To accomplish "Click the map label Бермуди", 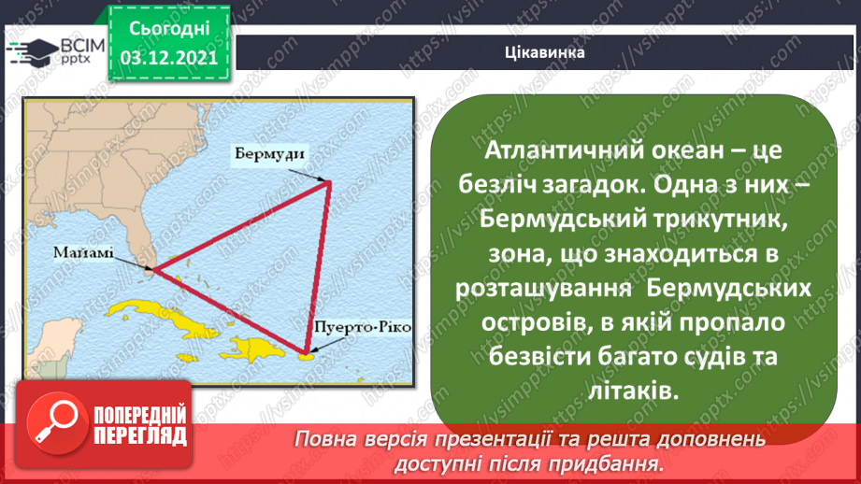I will (x=267, y=155).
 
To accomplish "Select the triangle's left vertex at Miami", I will (x=153, y=269).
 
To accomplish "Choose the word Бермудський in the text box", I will (x=543, y=221).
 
